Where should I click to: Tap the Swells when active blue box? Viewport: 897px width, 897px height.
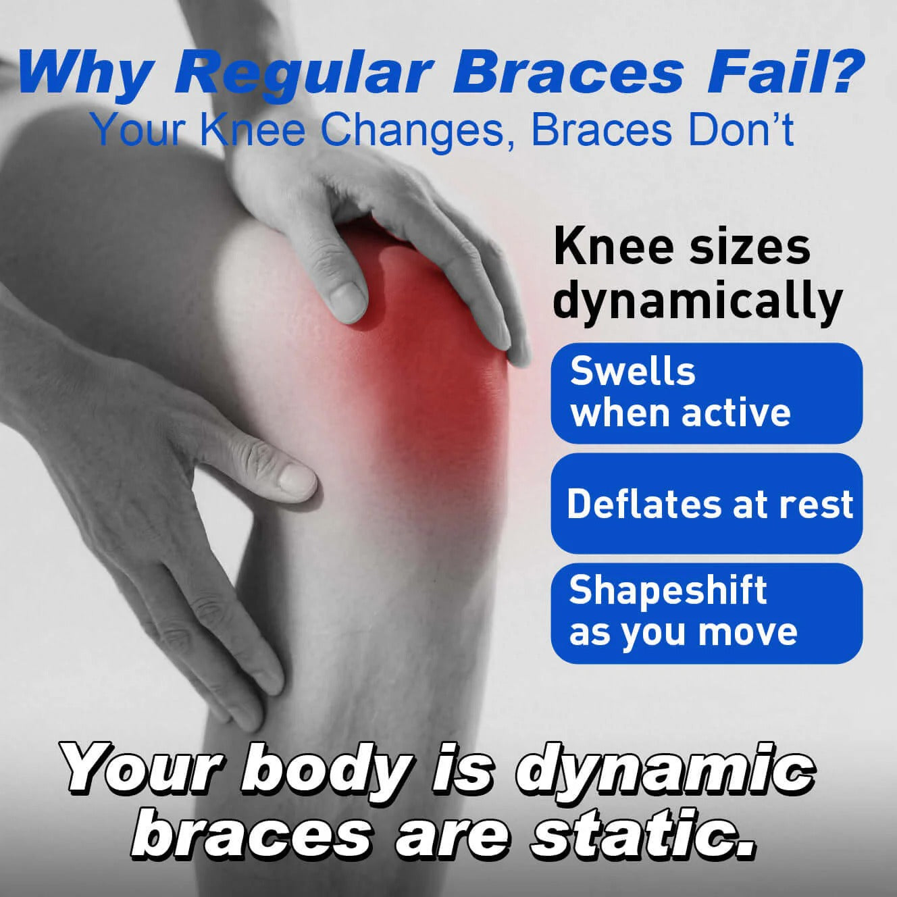click(707, 393)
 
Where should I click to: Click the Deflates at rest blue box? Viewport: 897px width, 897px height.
click(707, 504)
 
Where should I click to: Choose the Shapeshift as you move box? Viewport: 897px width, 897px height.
click(707, 613)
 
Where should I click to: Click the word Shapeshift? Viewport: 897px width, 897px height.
click(667, 591)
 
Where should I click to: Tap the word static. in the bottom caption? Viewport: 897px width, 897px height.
click(642, 836)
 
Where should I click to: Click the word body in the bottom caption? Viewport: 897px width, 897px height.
click(324, 770)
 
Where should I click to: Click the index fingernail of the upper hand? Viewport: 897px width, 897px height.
click(348, 297)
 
